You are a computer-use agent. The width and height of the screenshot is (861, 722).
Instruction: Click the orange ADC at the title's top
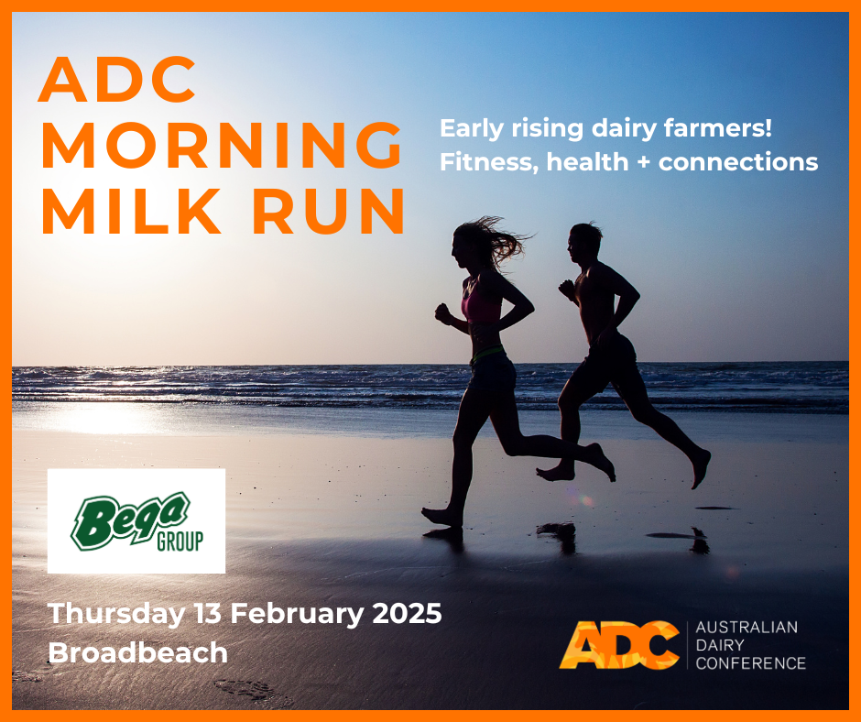tap(117, 81)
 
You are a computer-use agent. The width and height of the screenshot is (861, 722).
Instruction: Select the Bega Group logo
tap(136, 521)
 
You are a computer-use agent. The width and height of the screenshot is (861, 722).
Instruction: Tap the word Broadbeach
tap(138, 652)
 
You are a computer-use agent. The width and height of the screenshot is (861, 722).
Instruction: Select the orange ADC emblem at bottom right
tap(619, 645)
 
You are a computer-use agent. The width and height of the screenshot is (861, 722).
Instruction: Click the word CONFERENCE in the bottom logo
tap(751, 662)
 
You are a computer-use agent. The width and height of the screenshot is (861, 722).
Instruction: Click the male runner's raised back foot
tap(700, 468)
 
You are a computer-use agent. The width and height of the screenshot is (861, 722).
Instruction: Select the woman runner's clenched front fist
tap(443, 314)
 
